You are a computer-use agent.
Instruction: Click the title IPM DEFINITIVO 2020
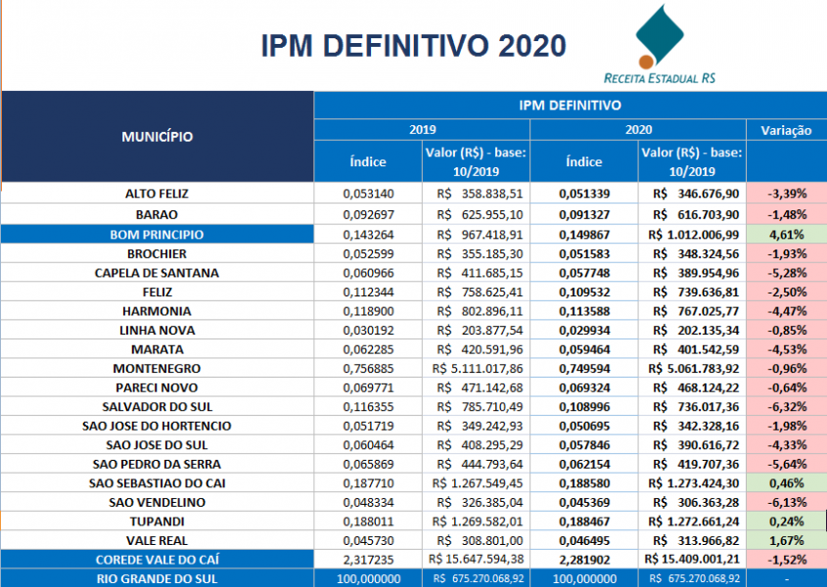[x=413, y=46]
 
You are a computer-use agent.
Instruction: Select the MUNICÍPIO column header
[x=157, y=136]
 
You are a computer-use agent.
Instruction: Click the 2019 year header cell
[x=422, y=129]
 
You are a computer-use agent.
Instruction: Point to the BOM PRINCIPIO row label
[x=157, y=234]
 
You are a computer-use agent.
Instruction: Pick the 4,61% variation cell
[x=786, y=234]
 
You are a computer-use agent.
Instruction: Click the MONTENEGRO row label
[x=157, y=368]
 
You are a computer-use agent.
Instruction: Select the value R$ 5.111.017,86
[x=477, y=368]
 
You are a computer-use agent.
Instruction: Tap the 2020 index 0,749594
[x=584, y=368]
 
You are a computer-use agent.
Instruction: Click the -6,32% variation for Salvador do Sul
[x=786, y=406]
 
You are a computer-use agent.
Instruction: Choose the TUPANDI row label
[x=157, y=520]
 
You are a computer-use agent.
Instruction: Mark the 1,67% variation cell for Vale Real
[x=786, y=540]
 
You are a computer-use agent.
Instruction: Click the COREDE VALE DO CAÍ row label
[x=157, y=560]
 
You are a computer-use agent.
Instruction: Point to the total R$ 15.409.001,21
[x=692, y=560]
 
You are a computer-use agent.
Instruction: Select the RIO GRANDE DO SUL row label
[x=157, y=578]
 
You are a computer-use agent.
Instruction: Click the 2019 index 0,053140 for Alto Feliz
[x=368, y=194]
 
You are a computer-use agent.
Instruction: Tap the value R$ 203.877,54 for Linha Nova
[x=477, y=330]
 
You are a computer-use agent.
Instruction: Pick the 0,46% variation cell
[x=786, y=482]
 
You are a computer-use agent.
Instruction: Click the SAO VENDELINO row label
[x=157, y=502]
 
